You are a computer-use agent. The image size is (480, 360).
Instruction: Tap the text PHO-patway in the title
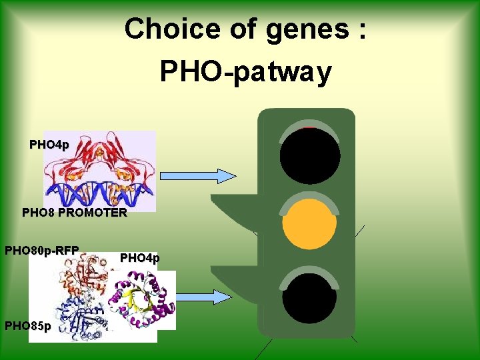[245, 71]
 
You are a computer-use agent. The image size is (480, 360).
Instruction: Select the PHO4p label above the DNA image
[49, 145]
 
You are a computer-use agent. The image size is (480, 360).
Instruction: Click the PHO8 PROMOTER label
[74, 213]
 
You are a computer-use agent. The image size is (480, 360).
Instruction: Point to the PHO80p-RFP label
[42, 251]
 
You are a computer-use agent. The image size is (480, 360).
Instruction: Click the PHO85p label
[26, 326]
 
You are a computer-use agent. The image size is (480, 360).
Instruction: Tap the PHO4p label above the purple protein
[139, 258]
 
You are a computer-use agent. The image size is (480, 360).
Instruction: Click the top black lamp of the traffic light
[310, 155]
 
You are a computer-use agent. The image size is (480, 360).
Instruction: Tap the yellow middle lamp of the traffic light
[309, 222]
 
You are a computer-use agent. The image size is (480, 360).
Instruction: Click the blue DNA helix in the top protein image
[100, 193]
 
